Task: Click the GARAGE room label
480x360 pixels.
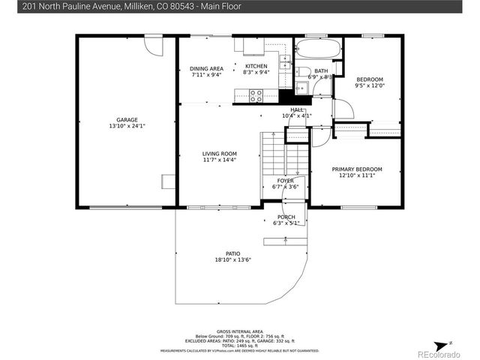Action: click(126, 119)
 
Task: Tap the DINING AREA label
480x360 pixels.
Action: click(206, 68)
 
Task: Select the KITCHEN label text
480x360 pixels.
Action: click(256, 66)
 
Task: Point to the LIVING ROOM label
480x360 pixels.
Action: click(219, 154)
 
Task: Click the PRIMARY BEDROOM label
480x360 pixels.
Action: click(357, 169)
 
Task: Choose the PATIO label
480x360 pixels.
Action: click(232, 254)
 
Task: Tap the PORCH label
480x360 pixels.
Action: click(286, 217)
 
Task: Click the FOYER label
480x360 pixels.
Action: click(285, 181)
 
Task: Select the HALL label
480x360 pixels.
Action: click(296, 109)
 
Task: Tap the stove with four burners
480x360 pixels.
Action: click(256, 96)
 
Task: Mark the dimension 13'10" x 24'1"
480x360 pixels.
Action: click(126, 125)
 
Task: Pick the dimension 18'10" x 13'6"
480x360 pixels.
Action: click(232, 260)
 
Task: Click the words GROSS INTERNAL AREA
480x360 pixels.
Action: click(239, 331)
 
